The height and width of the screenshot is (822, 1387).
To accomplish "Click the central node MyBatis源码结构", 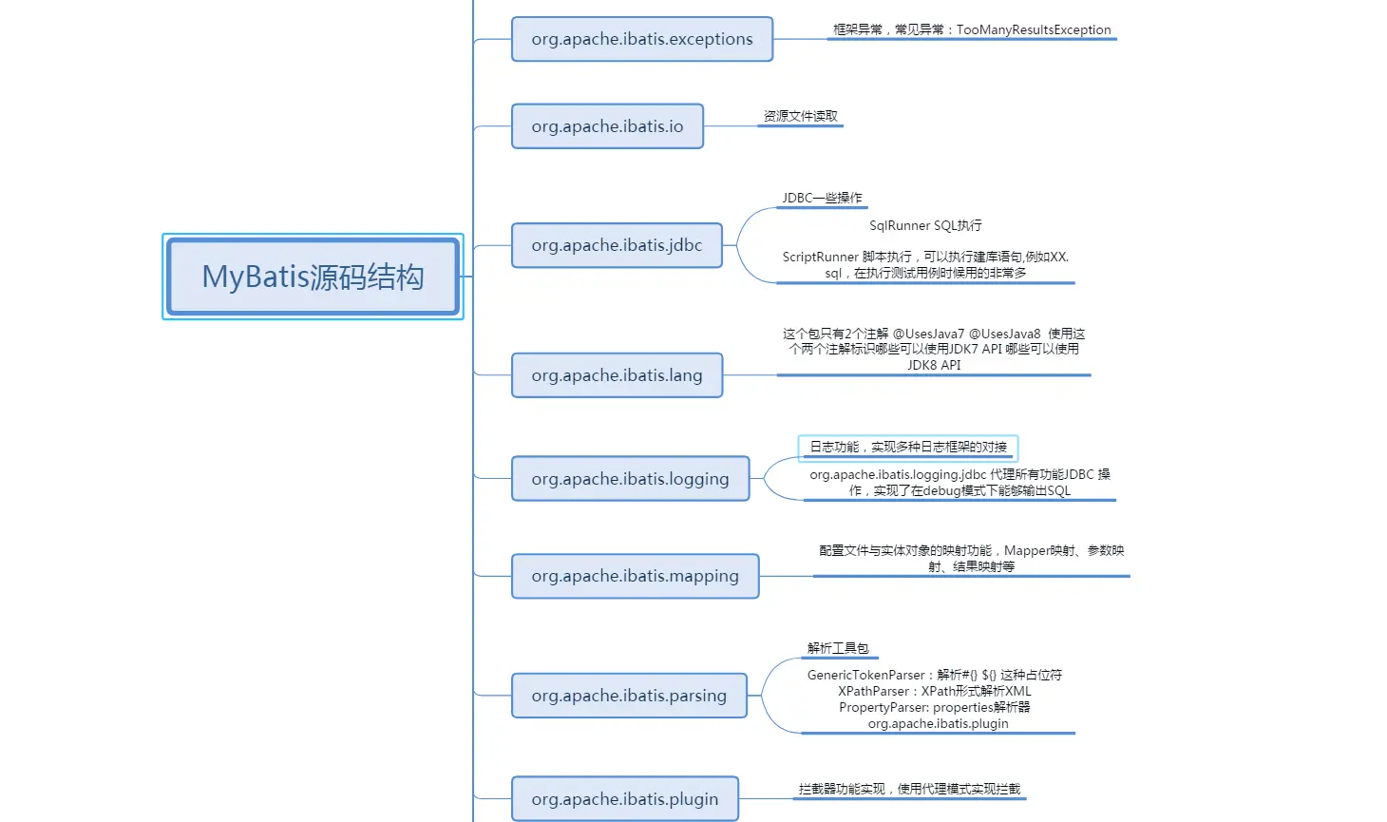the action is click(313, 277).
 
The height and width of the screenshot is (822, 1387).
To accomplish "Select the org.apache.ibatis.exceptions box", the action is click(641, 39).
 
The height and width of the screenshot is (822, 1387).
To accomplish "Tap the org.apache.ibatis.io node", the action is click(607, 126).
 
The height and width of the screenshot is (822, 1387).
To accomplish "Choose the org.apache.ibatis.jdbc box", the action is click(617, 245).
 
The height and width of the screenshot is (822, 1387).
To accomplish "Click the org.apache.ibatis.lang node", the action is click(617, 375).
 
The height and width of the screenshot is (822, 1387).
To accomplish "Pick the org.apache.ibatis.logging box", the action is click(630, 479).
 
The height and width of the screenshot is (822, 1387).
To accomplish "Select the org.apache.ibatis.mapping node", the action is click(635, 576).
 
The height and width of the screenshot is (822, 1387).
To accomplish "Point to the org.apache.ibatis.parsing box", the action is click(629, 696).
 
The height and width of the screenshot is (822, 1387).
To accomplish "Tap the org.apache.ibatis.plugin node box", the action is click(624, 799).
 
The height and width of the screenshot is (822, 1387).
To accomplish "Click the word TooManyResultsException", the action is click(1034, 29).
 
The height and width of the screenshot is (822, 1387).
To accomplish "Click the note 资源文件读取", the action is click(800, 116).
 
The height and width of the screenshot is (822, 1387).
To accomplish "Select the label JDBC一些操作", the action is click(822, 198).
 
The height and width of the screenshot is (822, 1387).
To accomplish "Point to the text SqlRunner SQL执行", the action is click(925, 225).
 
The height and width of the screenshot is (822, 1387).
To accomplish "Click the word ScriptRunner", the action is click(820, 257).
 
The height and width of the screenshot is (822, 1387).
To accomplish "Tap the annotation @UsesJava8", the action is click(1004, 334).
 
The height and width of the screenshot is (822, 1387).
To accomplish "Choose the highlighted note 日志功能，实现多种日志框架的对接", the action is click(907, 447).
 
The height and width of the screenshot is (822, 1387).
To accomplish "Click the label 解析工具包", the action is click(838, 648).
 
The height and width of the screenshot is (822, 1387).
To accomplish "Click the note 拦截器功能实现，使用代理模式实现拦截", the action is click(909, 789).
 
